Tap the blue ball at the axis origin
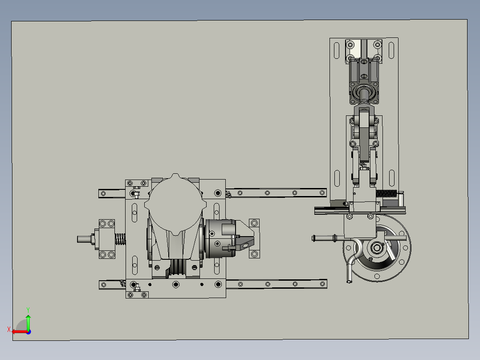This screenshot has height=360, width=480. [28, 332]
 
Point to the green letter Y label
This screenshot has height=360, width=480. [28, 310]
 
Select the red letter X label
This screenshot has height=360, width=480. [9, 329]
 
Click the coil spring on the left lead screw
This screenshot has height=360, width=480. [120, 239]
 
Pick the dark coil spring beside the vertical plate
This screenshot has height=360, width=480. [386, 194]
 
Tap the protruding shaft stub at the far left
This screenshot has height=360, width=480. [85, 239]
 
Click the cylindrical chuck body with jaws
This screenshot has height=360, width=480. [220, 238]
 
